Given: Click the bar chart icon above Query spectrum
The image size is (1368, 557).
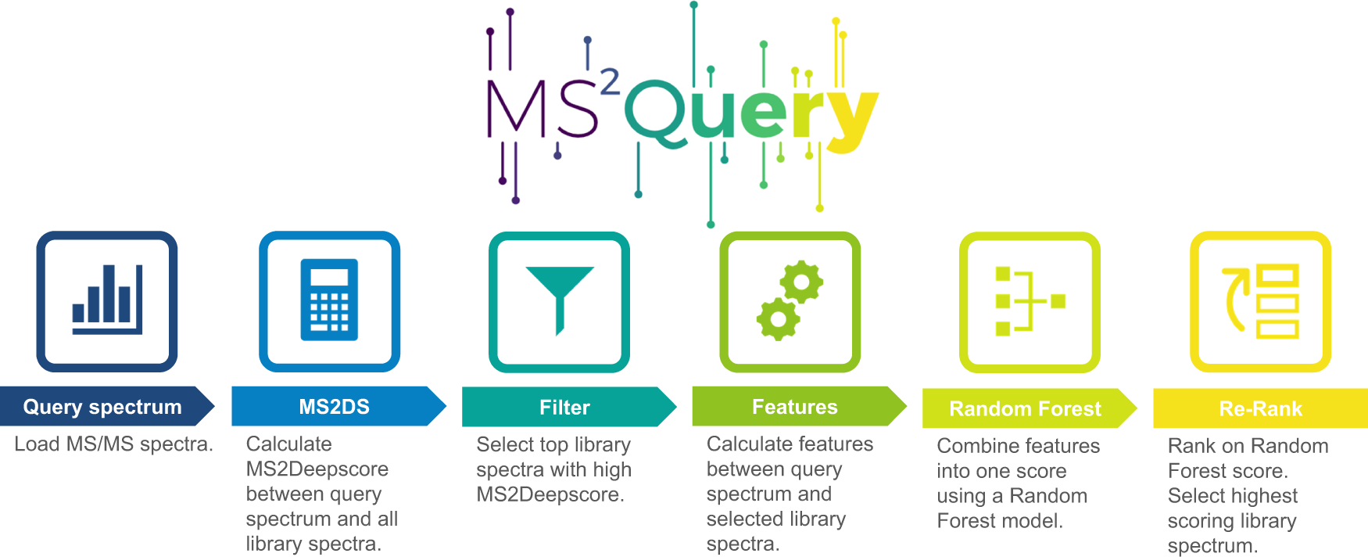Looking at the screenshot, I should [107, 301].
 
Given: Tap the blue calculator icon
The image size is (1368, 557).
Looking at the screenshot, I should [329, 301].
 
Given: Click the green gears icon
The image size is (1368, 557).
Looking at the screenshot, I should [790, 302].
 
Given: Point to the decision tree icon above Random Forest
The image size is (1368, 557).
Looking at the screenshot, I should [1030, 302].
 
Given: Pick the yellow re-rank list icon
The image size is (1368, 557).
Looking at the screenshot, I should [1260, 302].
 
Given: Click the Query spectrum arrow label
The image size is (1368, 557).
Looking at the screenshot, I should [102, 407].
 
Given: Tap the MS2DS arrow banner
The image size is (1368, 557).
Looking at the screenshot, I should [335, 407].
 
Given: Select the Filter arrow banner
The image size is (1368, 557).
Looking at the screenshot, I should [564, 408].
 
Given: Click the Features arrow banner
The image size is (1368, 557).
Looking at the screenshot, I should [794, 407].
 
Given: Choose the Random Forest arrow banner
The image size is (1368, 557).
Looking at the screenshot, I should [1025, 408].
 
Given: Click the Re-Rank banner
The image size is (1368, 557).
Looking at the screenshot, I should [1260, 408].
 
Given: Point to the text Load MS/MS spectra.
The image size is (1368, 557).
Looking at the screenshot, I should [113, 444].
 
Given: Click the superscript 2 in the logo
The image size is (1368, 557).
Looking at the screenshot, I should [609, 81].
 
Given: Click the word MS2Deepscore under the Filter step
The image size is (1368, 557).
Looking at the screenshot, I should [550, 494].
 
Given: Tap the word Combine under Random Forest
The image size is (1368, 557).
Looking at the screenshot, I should [974, 446].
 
